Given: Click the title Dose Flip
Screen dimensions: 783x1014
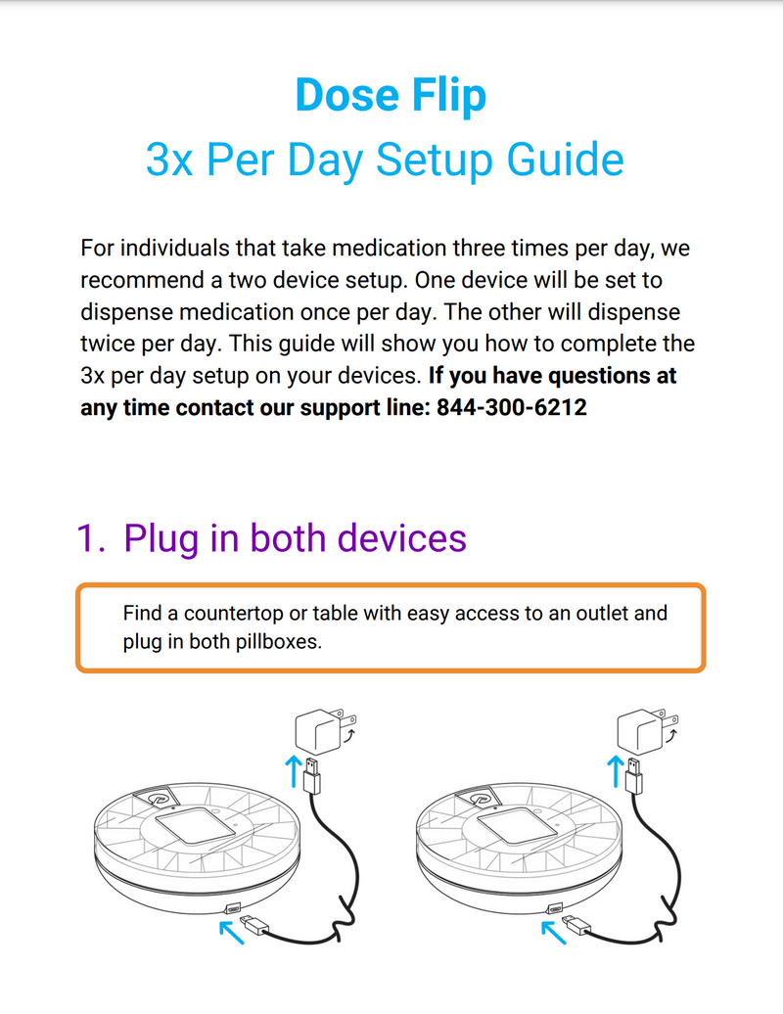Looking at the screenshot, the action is [391, 96].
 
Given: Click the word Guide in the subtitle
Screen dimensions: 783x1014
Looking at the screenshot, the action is [565, 160].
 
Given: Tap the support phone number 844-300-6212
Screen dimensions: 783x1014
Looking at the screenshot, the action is [512, 407].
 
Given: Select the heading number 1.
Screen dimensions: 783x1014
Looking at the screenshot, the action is [90, 538].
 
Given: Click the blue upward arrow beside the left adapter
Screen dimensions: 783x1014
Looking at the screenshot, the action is [294, 771].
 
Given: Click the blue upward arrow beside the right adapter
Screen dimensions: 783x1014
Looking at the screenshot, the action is [616, 771].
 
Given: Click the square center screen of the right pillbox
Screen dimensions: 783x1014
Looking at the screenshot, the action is [516, 824].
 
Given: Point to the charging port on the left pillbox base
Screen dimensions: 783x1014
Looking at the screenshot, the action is [232, 908].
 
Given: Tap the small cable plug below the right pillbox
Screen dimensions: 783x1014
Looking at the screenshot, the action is [576, 925].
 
